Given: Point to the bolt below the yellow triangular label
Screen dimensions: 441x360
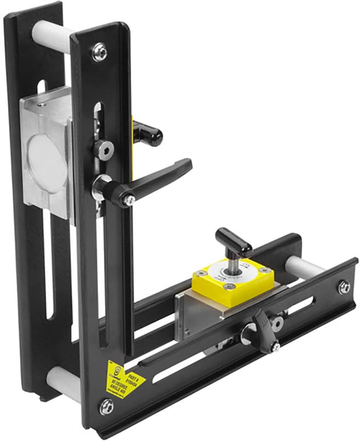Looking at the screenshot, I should (x=106, y=406).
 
